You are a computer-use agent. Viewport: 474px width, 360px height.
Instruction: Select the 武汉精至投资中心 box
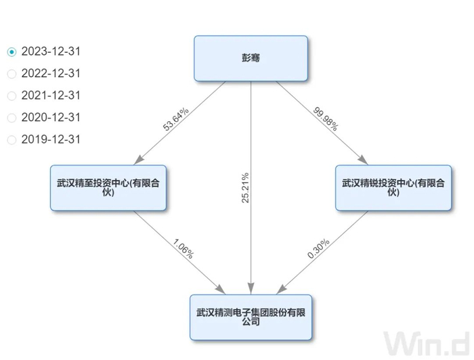(x=108, y=187)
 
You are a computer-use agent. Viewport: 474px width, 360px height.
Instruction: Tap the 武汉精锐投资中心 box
(x=393, y=187)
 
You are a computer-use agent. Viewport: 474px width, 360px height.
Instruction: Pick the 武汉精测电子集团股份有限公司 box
(x=251, y=317)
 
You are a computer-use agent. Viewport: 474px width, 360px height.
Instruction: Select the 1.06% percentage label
(x=183, y=249)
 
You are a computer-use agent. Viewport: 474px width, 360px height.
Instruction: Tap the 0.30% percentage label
(x=318, y=248)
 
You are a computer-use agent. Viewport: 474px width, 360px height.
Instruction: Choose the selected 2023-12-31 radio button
(x=12, y=51)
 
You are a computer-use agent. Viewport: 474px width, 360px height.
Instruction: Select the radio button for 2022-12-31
(x=12, y=74)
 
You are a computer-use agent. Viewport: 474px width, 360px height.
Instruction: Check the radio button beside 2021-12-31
(x=12, y=96)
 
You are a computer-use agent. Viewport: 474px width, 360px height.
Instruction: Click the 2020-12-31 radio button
(x=12, y=118)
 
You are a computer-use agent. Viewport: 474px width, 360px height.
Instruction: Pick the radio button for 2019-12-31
(x=12, y=140)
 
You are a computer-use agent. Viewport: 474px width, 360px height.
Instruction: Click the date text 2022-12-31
(x=51, y=74)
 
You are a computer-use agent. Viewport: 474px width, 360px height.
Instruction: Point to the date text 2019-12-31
(x=51, y=140)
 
